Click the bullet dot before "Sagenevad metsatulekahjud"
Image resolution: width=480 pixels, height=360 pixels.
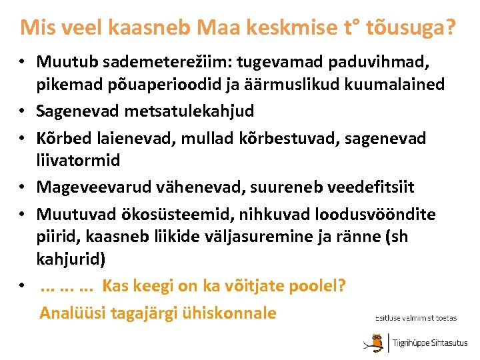click(22, 111)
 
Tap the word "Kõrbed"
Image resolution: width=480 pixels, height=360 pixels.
click(63, 139)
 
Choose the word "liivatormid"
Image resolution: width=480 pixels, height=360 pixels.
click(78, 160)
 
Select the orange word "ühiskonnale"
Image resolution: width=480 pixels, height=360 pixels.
click(231, 313)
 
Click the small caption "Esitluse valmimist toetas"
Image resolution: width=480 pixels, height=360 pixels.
click(415, 318)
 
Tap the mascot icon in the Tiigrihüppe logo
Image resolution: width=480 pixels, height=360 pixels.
click(377, 341)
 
